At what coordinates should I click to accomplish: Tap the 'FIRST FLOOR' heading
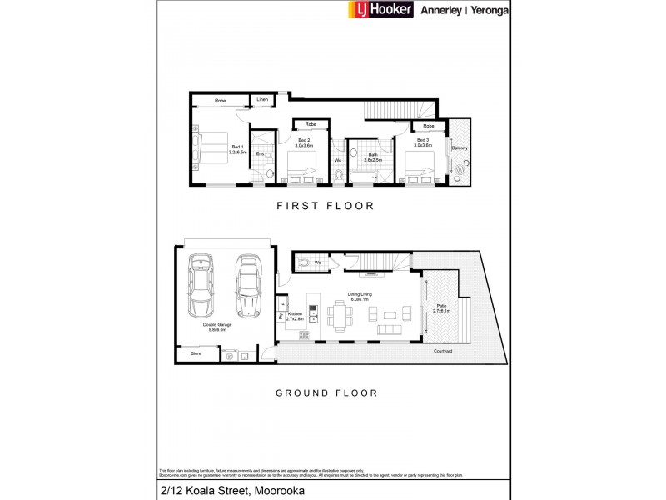coord(326,205)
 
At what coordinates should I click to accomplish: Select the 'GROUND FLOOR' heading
coord(326,392)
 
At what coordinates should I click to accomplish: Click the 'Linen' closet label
coord(262,101)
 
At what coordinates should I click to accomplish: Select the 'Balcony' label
coord(460,148)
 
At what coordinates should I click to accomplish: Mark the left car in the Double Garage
coord(202,286)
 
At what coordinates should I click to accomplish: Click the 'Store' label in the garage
coord(196,354)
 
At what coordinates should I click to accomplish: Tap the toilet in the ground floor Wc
coord(304,263)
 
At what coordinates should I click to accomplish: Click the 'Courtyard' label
coord(442,351)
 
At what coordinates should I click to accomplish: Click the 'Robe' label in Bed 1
coord(221,101)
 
